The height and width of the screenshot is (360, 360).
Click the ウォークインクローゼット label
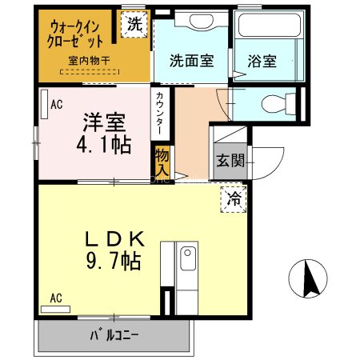coord(77,31)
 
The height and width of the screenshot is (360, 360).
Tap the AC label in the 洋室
coord(57,104)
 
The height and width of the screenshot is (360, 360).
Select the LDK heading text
coord(115,238)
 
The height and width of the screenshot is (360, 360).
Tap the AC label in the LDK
coord(56,298)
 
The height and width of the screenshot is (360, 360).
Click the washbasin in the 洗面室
coord(191,22)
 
